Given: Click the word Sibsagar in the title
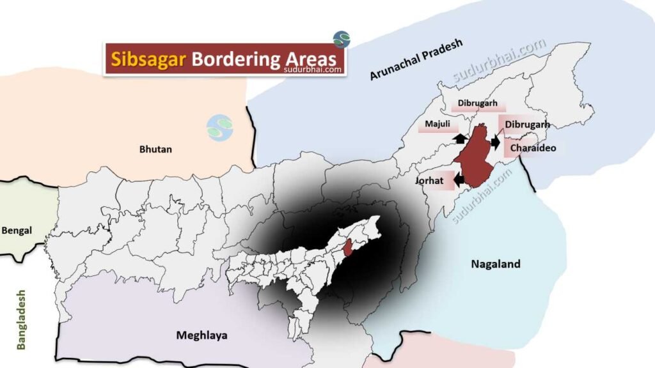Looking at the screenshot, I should coord(148,59).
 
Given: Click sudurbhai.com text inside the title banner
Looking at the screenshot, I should coord(313,70).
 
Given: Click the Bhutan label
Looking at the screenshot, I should coord(156,149).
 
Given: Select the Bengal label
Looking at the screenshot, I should coord(17,230).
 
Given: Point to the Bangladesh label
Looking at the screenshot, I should coord(22,319).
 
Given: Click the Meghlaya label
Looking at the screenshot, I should coord(201,335).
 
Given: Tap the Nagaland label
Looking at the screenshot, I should coord(496,263).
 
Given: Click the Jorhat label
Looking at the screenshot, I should coord(429,181).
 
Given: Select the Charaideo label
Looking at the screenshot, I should coord(533,148).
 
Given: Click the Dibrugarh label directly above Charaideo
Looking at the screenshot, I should coord(527,125).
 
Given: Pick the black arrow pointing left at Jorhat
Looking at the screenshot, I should coord(459,181).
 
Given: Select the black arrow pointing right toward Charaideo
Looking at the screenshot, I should coord(495,143).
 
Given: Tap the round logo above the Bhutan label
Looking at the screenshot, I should coord(219,128).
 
